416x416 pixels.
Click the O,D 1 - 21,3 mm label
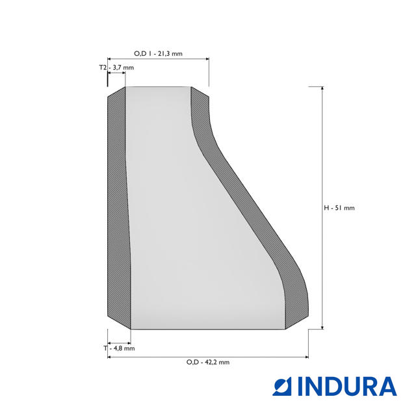coord(158,53)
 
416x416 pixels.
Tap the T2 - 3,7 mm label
coord(116,68)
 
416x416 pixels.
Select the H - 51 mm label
coord(339,208)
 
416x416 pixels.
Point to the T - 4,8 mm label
coord(119,348)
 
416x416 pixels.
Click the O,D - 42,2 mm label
coord(208,362)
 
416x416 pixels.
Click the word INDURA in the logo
coord(347,386)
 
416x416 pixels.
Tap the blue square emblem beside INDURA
coord(281,386)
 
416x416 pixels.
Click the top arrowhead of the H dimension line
coord(322,89)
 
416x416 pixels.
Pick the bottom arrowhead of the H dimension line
coord(322,327)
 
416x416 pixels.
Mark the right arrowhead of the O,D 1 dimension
coord(207,59)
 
